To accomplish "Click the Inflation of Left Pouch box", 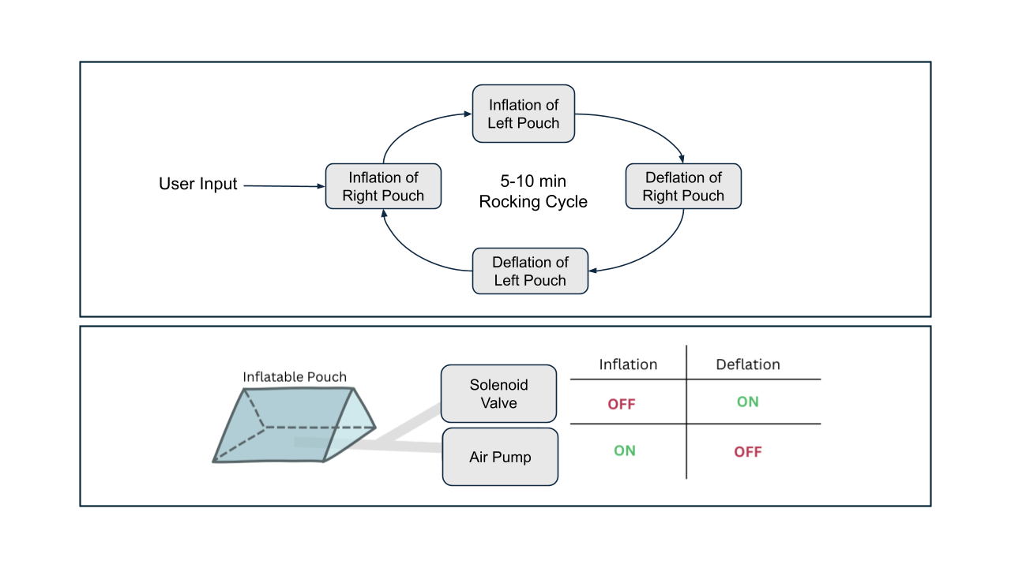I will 523,114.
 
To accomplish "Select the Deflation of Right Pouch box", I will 683,186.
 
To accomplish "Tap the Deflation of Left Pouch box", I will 530,271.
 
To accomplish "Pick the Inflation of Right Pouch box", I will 383,186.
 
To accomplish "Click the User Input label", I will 198,184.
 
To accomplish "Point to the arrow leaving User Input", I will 283,185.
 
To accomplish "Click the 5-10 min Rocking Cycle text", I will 533,191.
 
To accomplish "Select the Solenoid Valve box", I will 498,394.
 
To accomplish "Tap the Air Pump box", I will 500,457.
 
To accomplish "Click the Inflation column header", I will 628,364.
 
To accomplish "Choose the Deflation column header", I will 747,364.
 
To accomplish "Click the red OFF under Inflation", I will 622,404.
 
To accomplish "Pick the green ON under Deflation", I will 747,402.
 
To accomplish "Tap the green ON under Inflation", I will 625,450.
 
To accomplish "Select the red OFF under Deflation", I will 748,452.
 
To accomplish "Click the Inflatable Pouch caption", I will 294,377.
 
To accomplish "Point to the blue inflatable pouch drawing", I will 292,422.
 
